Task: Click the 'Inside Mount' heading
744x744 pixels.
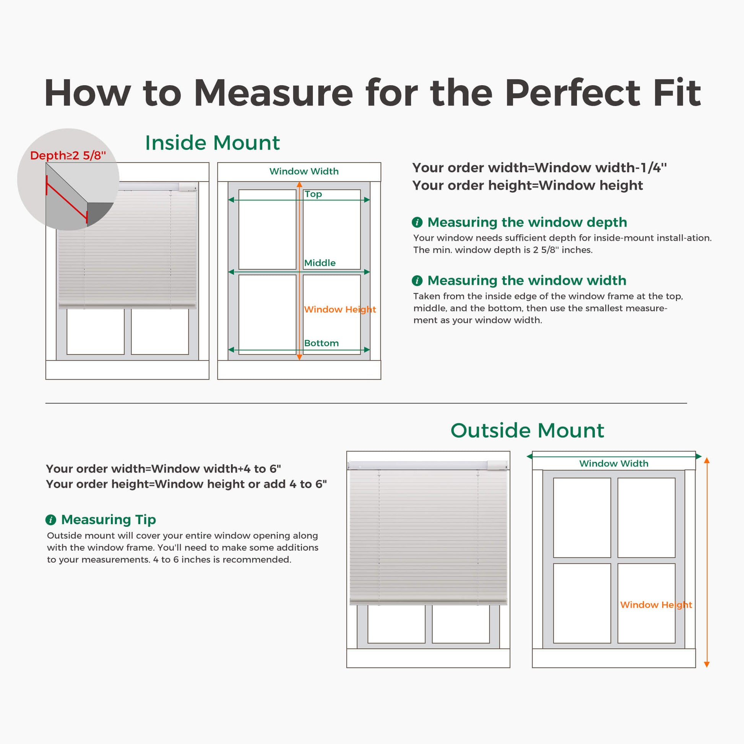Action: (212, 143)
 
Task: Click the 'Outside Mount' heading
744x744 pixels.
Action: (527, 430)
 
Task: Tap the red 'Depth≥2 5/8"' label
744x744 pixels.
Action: (68, 155)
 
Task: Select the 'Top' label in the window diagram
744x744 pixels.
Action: (313, 194)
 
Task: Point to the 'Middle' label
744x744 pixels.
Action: (320, 263)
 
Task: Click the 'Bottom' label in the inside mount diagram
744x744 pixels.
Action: (321, 343)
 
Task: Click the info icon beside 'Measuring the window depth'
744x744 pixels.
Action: (417, 222)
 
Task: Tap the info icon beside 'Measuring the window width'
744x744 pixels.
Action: (417, 280)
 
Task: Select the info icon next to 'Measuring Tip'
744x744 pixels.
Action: (51, 520)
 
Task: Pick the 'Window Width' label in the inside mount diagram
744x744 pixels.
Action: (304, 171)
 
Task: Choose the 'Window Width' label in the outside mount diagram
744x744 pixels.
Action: (614, 463)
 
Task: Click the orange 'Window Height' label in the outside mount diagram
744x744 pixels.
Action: (656, 604)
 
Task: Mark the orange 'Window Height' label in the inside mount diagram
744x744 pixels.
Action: (340, 309)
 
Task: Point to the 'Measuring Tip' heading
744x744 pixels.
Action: (109, 520)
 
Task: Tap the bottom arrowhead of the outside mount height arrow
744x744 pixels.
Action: (707, 665)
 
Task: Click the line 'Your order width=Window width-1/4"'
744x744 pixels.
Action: (539, 167)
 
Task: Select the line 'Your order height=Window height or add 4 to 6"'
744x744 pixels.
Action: (187, 484)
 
